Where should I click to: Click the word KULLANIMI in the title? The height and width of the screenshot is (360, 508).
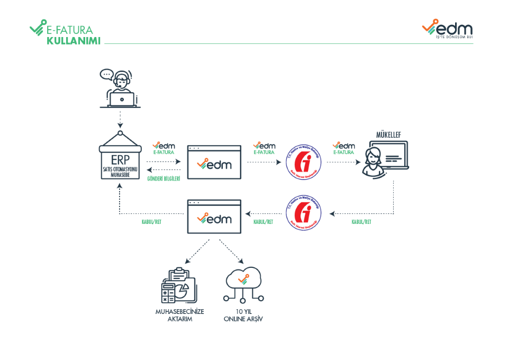click(x=74, y=40)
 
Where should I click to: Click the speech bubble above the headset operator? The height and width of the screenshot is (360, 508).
click(x=107, y=74)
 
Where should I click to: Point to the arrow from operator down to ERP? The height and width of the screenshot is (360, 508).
click(x=120, y=119)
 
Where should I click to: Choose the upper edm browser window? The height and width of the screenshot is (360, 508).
click(x=214, y=162)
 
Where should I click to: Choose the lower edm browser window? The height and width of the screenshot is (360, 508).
click(x=214, y=216)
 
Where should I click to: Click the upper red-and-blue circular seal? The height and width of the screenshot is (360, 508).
click(x=304, y=162)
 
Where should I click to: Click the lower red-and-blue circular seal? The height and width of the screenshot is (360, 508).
click(x=304, y=213)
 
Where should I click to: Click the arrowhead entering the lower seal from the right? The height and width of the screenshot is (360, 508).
click(x=332, y=214)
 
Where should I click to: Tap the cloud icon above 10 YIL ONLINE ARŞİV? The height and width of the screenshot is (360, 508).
click(x=243, y=281)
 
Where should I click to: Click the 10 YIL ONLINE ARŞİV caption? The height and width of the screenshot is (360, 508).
click(x=243, y=316)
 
